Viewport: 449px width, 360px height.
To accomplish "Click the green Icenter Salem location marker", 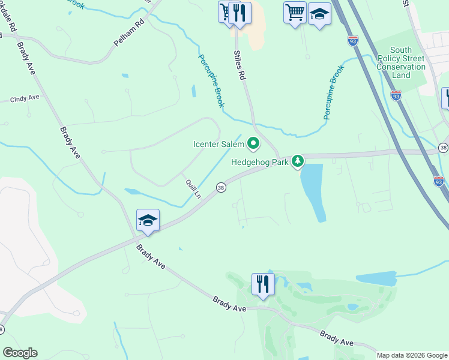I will (253, 143).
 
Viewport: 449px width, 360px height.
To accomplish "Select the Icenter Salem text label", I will (218, 144).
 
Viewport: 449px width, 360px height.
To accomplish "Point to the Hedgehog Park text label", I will (261, 161).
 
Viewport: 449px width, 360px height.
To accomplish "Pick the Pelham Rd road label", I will (129, 35).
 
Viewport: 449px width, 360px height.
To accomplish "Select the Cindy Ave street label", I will (25, 98).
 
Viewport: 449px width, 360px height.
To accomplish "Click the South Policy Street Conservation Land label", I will (401, 62).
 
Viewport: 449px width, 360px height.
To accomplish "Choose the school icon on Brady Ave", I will (147, 220).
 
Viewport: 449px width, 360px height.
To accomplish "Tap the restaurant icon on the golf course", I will (263, 284).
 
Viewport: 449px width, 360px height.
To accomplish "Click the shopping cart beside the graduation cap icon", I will (295, 13).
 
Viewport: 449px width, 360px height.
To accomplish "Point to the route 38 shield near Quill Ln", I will (221, 187).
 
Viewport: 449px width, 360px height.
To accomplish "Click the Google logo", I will (20, 353).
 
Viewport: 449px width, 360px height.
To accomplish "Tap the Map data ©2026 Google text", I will (412, 355).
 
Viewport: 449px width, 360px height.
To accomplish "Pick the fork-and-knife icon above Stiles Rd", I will (240, 13).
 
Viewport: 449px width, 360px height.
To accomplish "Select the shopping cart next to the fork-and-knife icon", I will (225, 11).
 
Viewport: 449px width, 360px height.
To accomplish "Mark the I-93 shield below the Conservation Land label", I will (396, 95).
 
